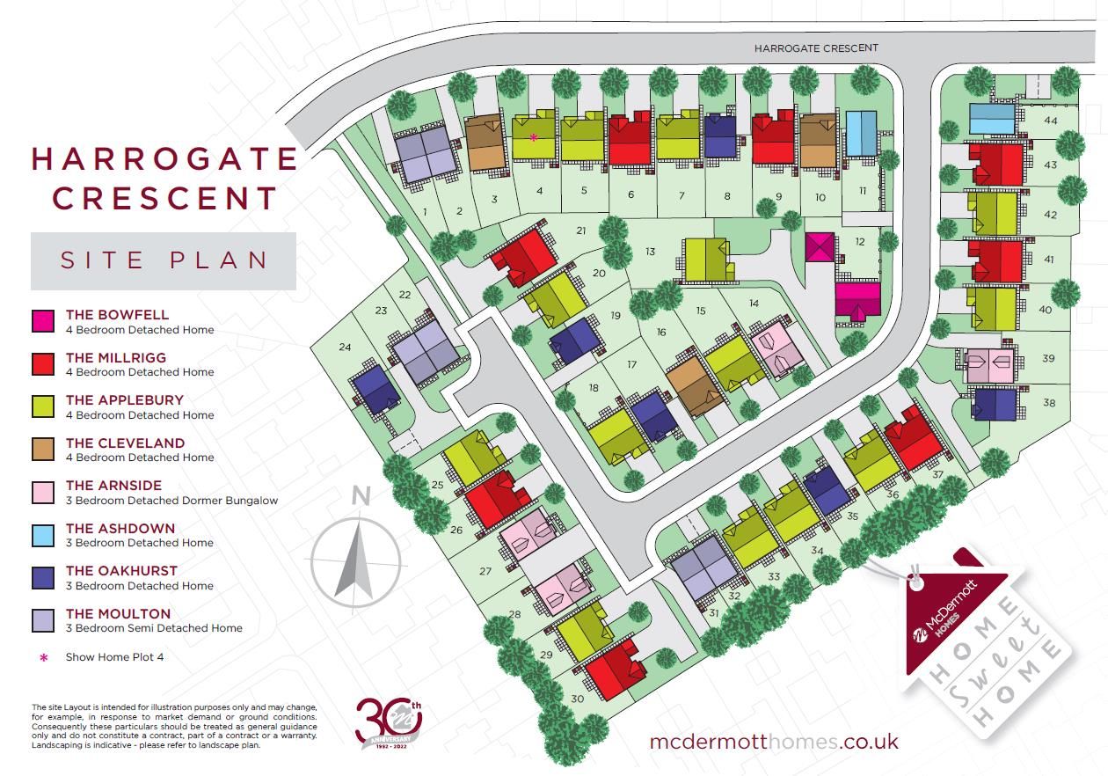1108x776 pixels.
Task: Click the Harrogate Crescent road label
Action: coord(816,48)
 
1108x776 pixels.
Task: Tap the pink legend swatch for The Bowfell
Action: coord(44,321)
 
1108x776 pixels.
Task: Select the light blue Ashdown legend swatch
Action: coord(44,535)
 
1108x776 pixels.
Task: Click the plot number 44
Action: coord(1050,120)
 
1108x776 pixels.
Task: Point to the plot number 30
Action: coord(577,699)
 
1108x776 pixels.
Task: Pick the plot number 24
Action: coord(345,347)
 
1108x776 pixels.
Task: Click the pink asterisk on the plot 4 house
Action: coord(534,137)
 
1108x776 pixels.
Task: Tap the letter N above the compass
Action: coord(360,496)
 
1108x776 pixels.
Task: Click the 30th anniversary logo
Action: coord(389,720)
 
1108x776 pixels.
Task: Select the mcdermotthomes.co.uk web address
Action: coord(774,741)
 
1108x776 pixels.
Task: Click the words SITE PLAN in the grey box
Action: coord(164,260)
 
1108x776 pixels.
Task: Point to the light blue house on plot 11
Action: coord(860,134)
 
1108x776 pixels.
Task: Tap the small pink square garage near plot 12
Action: coord(820,246)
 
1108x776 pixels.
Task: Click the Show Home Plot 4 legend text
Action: coord(114,656)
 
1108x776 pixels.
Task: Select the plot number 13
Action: coord(651,252)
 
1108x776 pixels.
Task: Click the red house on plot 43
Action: coord(996,165)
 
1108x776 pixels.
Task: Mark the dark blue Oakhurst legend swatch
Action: coord(44,577)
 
